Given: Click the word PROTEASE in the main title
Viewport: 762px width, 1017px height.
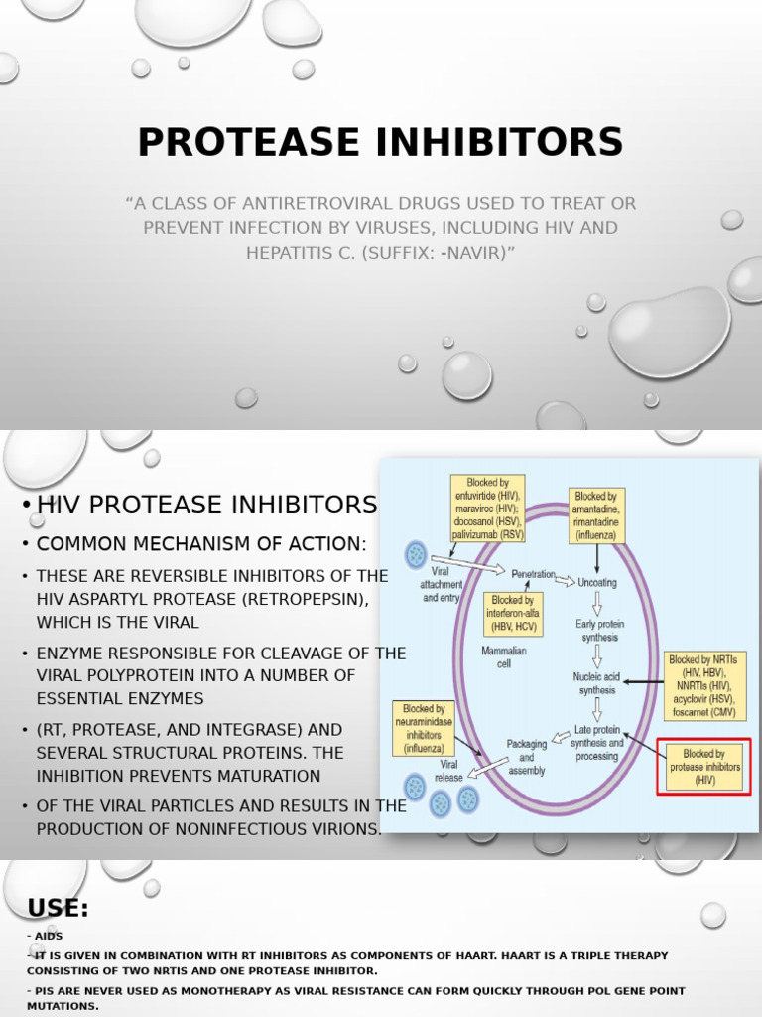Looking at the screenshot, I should [x=249, y=142].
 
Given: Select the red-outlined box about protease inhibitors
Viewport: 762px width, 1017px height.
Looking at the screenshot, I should [x=704, y=767].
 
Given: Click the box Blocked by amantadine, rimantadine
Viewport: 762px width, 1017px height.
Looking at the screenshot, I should [x=596, y=514].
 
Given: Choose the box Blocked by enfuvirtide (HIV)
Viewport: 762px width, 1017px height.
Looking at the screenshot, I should [x=487, y=508].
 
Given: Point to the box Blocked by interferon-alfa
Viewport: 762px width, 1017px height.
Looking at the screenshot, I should [x=513, y=614].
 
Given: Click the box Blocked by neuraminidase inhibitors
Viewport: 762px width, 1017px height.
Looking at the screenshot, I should [x=424, y=729].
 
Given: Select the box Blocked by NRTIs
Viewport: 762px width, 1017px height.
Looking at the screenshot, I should [x=704, y=685].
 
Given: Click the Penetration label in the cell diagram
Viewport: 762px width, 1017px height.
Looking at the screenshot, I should [x=533, y=574].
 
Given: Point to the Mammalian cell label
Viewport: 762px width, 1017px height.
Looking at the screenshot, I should [x=503, y=657].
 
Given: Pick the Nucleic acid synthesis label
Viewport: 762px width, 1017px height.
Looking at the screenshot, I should [x=596, y=683].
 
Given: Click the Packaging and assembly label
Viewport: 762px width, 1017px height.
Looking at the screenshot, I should [x=526, y=757].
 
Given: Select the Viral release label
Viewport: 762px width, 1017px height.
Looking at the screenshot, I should [x=448, y=771].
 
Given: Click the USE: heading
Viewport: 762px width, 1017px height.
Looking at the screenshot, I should [x=58, y=908].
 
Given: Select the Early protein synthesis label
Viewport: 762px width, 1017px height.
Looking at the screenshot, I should [x=600, y=631].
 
